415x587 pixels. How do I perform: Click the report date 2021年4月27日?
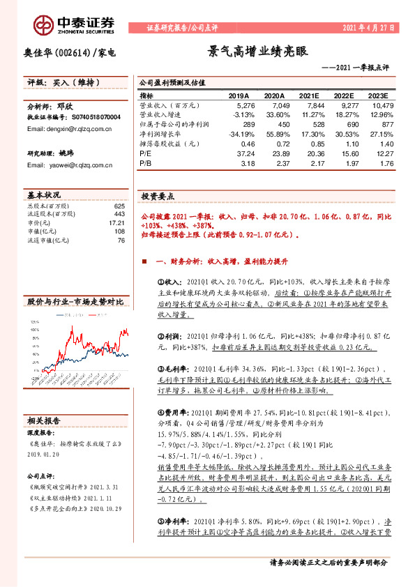click(369, 28)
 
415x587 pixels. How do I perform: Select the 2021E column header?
click(307, 95)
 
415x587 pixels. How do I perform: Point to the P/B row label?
click(145, 163)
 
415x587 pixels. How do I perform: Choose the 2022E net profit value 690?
click(345, 123)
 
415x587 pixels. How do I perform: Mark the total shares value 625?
click(119, 206)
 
